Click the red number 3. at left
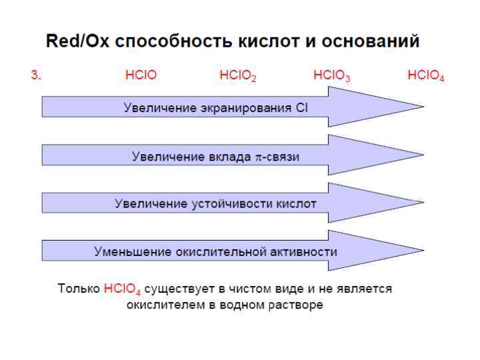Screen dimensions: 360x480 pos(36,76)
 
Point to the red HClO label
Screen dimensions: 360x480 pos(141,76)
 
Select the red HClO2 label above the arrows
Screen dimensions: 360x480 pos(238,77)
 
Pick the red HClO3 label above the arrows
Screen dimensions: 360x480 pos(332,77)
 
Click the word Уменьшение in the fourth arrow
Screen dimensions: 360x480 pos(132,251)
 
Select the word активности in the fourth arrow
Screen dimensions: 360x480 pos(305,251)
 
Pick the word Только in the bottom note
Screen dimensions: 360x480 pos(79,289)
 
